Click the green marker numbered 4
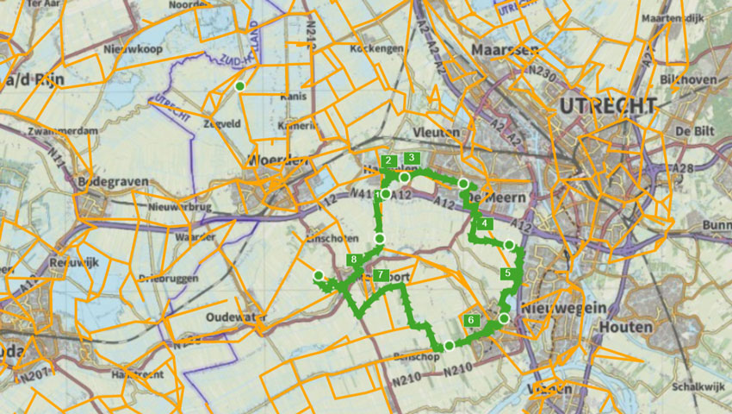click(x=485, y=224)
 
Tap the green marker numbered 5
click(x=508, y=273)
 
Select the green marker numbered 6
click(x=470, y=320)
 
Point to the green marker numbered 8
click(x=353, y=260)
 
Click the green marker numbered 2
click(x=389, y=160)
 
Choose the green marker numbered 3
click(x=412, y=158)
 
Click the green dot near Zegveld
click(x=240, y=86)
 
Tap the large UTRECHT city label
click(x=607, y=106)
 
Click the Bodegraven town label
click(x=113, y=183)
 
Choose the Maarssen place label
click(x=511, y=49)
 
